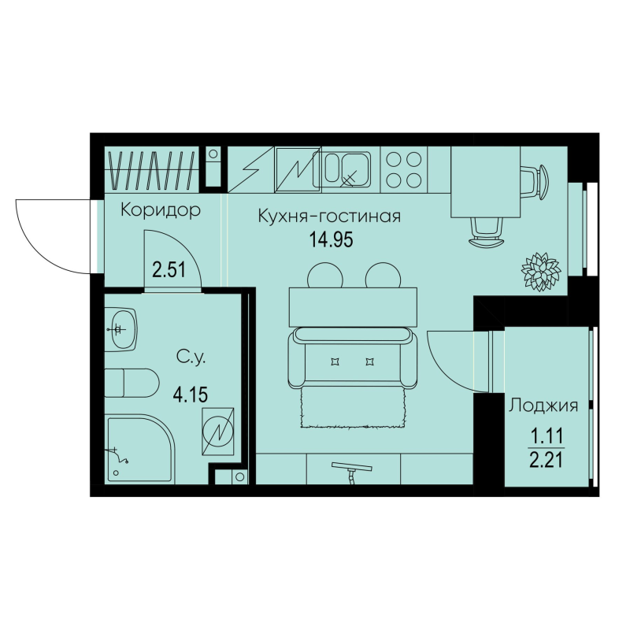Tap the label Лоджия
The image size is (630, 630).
pyautogui.click(x=544, y=406)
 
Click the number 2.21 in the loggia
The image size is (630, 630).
pyautogui.click(x=544, y=456)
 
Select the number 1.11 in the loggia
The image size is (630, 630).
pyautogui.click(x=544, y=432)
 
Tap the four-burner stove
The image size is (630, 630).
pyautogui.click(x=403, y=169)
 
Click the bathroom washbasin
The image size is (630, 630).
pyautogui.click(x=121, y=327)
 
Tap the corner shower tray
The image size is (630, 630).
pyautogui.click(x=134, y=448)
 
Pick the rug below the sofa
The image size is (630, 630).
pyautogui.click(x=353, y=406)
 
